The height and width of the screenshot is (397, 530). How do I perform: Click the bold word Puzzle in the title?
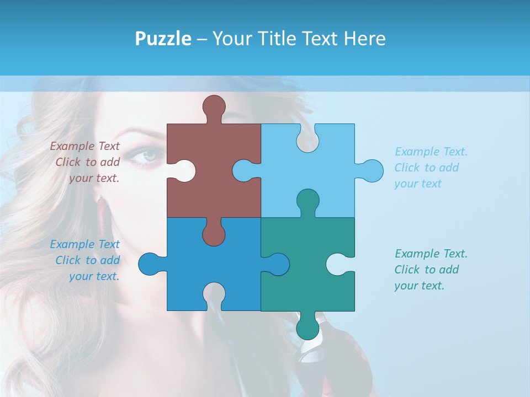[x=163, y=39]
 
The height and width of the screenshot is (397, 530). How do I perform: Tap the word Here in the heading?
[x=364, y=39]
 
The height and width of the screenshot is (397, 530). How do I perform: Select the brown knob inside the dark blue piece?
[x=214, y=234]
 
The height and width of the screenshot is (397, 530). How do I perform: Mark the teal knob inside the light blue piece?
[x=308, y=201]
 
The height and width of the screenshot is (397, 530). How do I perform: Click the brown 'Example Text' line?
[x=84, y=146]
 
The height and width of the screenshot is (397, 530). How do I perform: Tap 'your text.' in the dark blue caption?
[x=94, y=277]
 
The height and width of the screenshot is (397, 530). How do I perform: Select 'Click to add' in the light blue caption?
[x=426, y=168]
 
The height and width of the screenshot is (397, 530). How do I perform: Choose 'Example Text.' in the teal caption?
[x=431, y=254]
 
